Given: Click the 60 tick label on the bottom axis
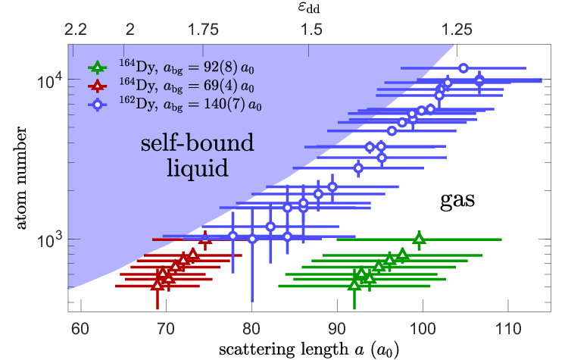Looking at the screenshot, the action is coord(80,329).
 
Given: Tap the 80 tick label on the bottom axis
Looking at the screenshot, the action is coord(251,329).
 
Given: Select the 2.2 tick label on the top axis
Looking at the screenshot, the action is coord(76,30).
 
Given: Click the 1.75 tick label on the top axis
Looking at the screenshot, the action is coord(203,30).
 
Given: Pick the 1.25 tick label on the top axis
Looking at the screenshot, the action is coord(457,30).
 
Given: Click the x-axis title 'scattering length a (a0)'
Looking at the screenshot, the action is coord(309,350).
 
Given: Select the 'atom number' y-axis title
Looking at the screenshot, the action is coord(21,177).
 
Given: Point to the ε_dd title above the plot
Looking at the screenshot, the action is coord(309,8).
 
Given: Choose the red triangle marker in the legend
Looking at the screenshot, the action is coord(97,86).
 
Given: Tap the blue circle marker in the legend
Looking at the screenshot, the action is coord(97,105).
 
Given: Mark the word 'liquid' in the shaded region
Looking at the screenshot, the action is coord(198,167).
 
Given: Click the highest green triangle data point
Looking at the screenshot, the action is coord(419,239).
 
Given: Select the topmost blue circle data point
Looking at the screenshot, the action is coord(463,67).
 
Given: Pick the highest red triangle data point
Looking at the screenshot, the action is coord(205,239).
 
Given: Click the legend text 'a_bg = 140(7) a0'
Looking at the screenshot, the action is coord(212,105).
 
